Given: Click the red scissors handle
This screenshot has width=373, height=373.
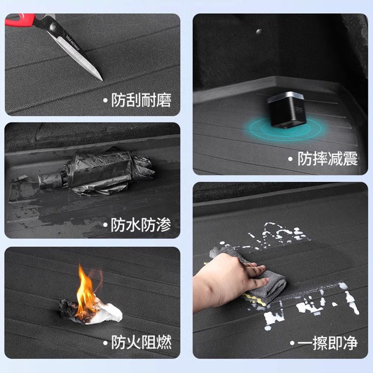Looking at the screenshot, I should click(21, 19).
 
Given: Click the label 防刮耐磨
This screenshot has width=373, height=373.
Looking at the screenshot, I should click(141, 100).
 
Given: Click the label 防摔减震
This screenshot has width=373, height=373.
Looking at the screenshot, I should click(328, 159).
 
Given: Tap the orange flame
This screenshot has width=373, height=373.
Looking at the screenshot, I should click(86, 291).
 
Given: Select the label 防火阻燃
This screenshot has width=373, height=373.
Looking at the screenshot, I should click(141, 342).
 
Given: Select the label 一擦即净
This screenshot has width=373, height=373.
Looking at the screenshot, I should click(328, 343).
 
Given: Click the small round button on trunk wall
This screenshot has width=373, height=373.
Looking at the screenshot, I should click(259, 32).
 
